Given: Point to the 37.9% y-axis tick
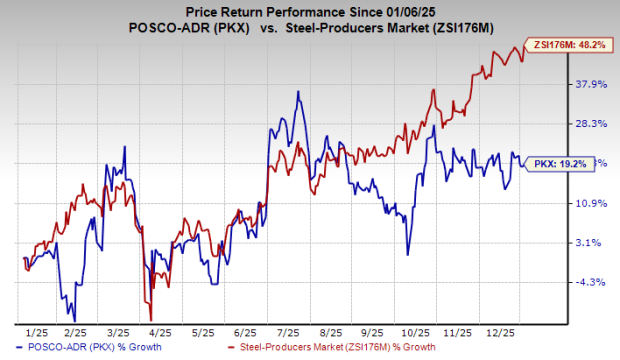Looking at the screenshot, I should [592, 85].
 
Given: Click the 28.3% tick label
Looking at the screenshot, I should [592, 124].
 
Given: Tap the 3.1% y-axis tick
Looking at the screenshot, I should [590, 242].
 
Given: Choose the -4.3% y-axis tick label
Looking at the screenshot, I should [590, 282].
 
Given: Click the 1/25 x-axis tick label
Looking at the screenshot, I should [36, 328].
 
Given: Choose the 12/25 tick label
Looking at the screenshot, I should [500, 328].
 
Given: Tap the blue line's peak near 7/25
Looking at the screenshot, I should [298, 92].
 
